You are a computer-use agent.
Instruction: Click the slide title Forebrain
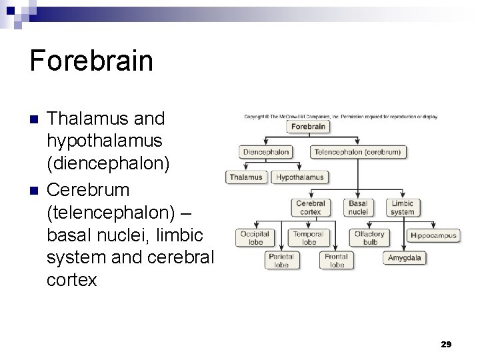pos(91,61)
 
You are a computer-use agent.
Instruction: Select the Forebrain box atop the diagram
pos(308,127)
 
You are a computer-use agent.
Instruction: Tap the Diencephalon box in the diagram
pos(266,152)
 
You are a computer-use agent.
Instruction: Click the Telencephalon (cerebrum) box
pos(358,152)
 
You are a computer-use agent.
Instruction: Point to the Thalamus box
pos(247,177)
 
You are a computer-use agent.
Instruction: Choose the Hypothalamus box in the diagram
pos(300,177)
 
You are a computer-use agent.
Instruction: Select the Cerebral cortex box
pos(311,207)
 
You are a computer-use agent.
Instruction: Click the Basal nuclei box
pos(358,207)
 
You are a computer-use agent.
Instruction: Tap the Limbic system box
pos(403,207)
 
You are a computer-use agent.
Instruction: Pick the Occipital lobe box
pos(256,238)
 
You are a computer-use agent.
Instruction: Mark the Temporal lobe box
pos(309,238)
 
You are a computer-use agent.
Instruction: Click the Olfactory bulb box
pos(369,238)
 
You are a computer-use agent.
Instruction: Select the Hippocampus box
pos(433,235)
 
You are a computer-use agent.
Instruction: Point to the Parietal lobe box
pos(281,261)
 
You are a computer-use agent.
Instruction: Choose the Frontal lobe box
pos(337,261)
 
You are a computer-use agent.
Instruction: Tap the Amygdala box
pos(405,258)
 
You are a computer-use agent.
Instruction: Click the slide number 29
pos(446,344)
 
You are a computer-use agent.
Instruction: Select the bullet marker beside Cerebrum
pos(34,191)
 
